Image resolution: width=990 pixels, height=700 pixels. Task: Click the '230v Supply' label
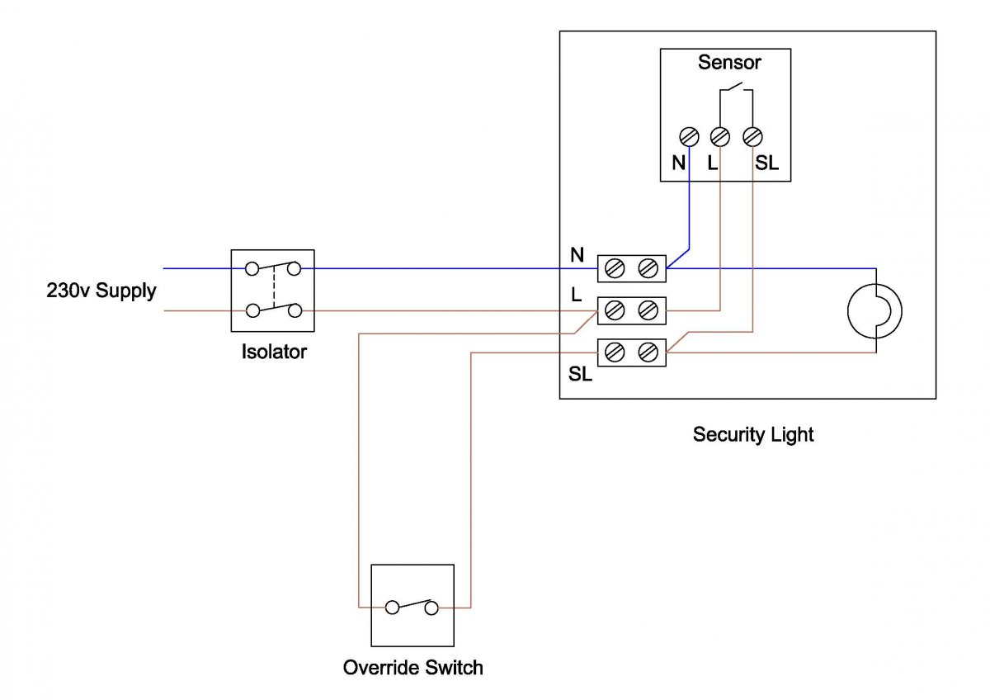(101, 291)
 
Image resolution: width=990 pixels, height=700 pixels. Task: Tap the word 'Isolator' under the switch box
(273, 352)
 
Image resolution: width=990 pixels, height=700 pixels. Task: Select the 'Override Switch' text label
(412, 667)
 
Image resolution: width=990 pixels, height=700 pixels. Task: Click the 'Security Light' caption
(753, 434)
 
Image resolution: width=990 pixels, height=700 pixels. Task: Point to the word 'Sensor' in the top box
(729, 63)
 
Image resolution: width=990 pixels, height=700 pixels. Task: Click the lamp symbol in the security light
(874, 311)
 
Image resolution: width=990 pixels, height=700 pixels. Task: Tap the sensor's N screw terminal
(689, 137)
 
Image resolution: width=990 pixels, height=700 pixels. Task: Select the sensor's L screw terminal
(720, 137)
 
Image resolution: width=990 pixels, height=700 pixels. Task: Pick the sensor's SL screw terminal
(752, 137)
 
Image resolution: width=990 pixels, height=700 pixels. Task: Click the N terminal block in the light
(631, 267)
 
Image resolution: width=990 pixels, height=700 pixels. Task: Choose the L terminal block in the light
(631, 311)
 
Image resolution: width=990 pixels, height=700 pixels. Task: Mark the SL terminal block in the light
(631, 353)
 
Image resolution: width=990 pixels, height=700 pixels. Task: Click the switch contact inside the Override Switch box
(412, 606)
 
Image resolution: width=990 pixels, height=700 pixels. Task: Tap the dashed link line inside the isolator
(273, 289)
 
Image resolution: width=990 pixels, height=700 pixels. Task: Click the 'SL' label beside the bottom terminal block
(580, 374)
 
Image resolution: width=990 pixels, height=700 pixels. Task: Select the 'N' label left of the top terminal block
(577, 255)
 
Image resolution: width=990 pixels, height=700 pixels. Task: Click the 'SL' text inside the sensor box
(766, 163)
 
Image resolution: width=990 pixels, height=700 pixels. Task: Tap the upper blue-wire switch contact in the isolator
(273, 267)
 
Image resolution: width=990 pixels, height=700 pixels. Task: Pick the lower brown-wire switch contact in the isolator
(273, 310)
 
